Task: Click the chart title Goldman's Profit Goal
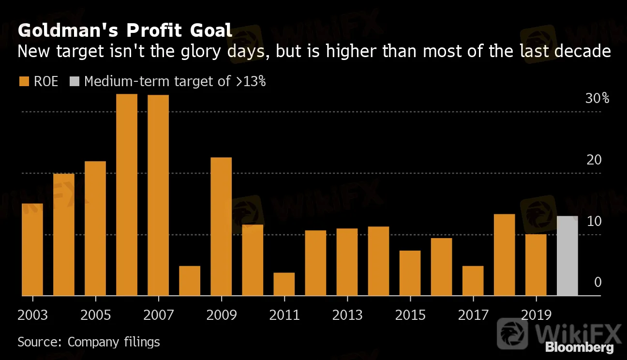pos(125,31)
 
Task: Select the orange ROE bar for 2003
pos(32,249)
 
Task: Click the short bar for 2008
pos(190,281)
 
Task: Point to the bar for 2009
pos(221,226)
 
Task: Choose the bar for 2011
pos(284,284)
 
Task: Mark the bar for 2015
pos(410,273)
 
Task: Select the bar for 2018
pos(504,255)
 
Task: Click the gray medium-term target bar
pos(567,255)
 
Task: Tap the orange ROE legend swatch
pos(23,81)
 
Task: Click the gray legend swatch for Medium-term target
pos(75,81)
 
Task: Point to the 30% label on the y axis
pos(597,99)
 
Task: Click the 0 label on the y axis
pos(598,282)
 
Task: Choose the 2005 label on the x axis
pos(95,315)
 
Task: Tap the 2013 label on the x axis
pos(347,315)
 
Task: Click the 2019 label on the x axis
pos(536,315)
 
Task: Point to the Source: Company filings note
pos(89,342)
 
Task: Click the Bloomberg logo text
pos(580,347)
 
